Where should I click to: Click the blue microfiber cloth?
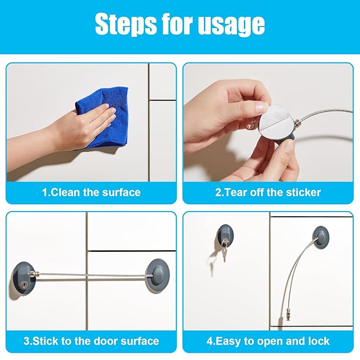(102, 118)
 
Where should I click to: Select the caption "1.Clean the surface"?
(91, 192)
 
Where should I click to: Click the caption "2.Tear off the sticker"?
(268, 192)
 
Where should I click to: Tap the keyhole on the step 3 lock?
(24, 285)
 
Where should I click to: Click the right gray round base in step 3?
(158, 276)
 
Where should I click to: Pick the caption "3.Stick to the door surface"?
(91, 341)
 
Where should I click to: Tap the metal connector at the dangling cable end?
(287, 314)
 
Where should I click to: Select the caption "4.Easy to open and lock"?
(268, 341)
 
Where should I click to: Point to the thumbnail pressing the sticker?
(259, 106)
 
